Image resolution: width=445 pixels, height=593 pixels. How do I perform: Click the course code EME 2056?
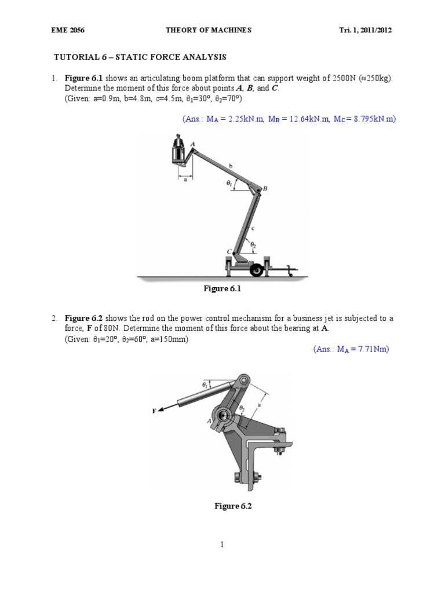click(x=65, y=31)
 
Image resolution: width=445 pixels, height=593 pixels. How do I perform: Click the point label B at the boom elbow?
click(x=265, y=188)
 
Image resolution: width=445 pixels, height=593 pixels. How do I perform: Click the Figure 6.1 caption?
click(x=222, y=290)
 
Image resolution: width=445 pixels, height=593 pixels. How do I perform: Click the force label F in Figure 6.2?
click(x=154, y=411)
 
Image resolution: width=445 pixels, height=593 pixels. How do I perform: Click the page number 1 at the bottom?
click(x=221, y=544)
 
